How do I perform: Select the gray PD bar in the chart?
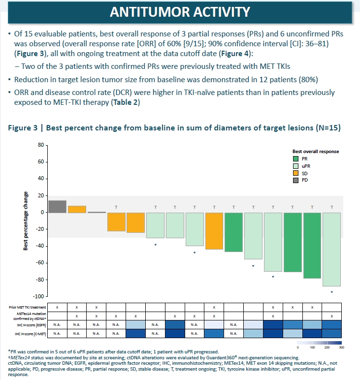point(57,207)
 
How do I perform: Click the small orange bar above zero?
point(77,209)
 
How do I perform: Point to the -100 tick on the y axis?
point(39,296)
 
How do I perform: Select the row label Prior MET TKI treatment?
point(28,307)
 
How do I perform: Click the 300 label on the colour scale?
point(341,348)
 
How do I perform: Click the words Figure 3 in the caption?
point(22,127)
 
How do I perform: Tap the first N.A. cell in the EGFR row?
point(57,324)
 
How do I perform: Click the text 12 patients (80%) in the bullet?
point(283,79)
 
